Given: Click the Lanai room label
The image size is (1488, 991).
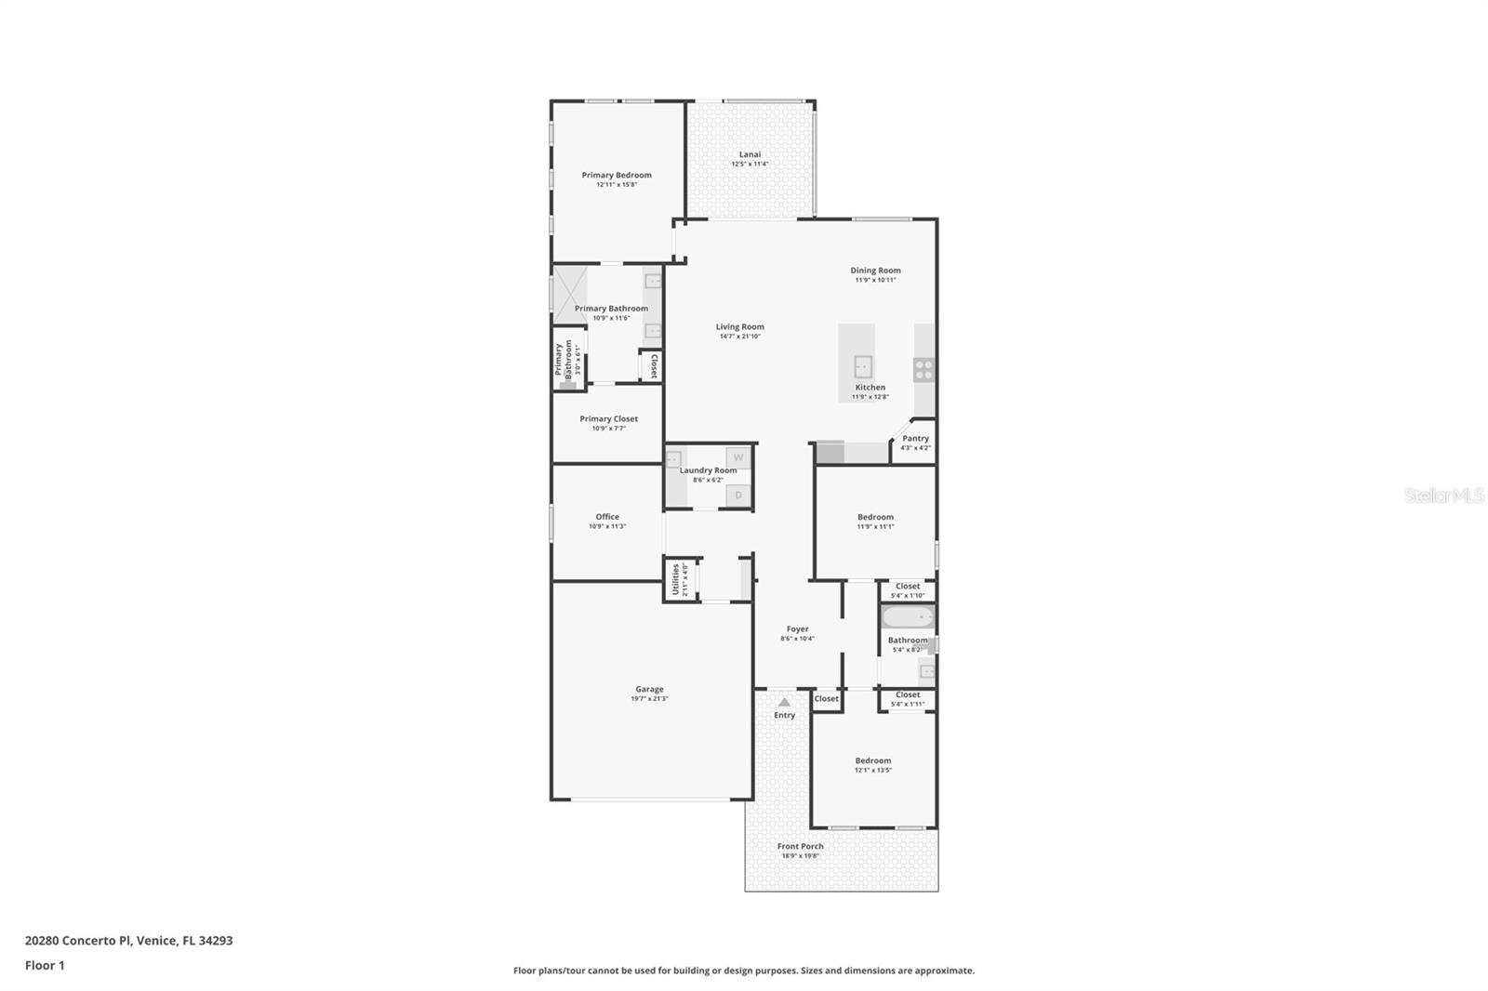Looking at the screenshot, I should tap(750, 154).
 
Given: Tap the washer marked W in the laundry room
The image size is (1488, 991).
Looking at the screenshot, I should tap(738, 457).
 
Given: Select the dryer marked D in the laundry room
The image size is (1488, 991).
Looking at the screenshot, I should tap(738, 495).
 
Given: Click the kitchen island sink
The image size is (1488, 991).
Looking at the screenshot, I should tap(862, 364).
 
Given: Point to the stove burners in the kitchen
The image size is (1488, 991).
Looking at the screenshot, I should tap(923, 369).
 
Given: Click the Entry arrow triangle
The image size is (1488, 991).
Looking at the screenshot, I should tap(784, 703).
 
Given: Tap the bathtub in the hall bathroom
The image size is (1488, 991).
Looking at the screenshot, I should tap(908, 617).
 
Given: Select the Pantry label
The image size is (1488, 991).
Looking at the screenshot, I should tap(915, 438).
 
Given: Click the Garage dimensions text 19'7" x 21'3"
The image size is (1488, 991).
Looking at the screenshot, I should tap(649, 699).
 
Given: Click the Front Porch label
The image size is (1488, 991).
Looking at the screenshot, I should tap(800, 846).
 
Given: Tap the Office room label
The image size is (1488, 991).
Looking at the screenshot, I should tap(607, 517).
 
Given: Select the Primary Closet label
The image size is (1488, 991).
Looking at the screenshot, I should tap(608, 418).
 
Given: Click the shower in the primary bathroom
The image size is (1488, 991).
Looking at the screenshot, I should tap(569, 295).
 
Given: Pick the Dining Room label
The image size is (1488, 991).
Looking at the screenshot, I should tap(875, 271).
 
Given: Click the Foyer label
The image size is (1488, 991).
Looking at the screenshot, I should tap(797, 629).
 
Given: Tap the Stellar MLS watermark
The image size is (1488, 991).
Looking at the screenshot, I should tap(1443, 495).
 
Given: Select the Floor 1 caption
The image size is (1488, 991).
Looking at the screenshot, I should tap(45, 965).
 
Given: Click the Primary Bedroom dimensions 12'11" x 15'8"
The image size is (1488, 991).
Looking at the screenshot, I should tap(617, 185).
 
